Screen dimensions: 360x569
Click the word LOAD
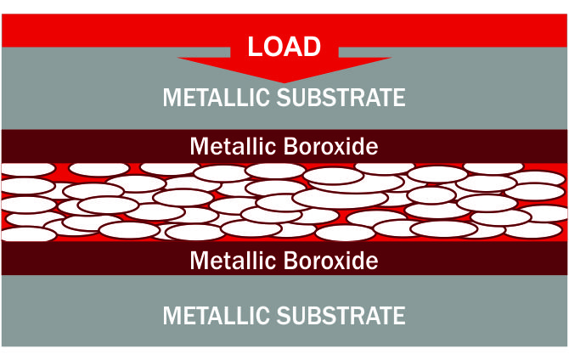pyautogui.click(x=284, y=45)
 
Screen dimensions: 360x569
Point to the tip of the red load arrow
pyautogui.click(x=284, y=82)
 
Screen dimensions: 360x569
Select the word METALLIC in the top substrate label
pyautogui.click(x=217, y=97)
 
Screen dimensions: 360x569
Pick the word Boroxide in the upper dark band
pyautogui.click(x=328, y=146)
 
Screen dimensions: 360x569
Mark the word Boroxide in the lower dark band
pyautogui.click(x=328, y=260)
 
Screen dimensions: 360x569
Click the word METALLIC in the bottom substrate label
pyautogui.click(x=217, y=316)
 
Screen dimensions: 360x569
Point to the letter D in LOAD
pyautogui.click(x=311, y=45)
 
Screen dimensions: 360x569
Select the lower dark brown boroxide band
pyautogui.click(x=85, y=259)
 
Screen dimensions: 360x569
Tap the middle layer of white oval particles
pyautogui.click(x=284, y=201)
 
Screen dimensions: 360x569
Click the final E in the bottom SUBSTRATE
pyautogui.click(x=399, y=316)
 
